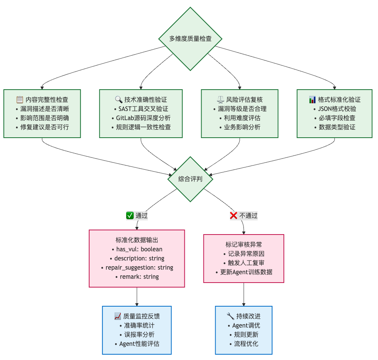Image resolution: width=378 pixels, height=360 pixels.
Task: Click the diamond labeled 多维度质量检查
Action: coord(190,39)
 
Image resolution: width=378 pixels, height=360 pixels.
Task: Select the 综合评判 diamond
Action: coord(190,179)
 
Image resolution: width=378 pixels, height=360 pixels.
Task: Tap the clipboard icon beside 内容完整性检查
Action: coord(20,100)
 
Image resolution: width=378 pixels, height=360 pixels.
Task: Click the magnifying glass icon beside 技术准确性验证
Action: coord(119,100)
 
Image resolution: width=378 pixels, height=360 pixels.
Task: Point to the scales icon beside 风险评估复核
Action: coord(220,100)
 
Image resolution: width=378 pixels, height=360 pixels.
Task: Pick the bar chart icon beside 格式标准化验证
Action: coord(312,100)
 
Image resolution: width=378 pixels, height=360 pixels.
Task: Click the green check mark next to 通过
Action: coord(130,215)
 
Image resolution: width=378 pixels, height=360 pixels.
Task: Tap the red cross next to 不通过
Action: coord(234,215)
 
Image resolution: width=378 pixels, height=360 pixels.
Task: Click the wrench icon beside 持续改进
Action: coord(230,316)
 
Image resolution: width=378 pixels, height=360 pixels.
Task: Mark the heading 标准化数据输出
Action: coord(137,240)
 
